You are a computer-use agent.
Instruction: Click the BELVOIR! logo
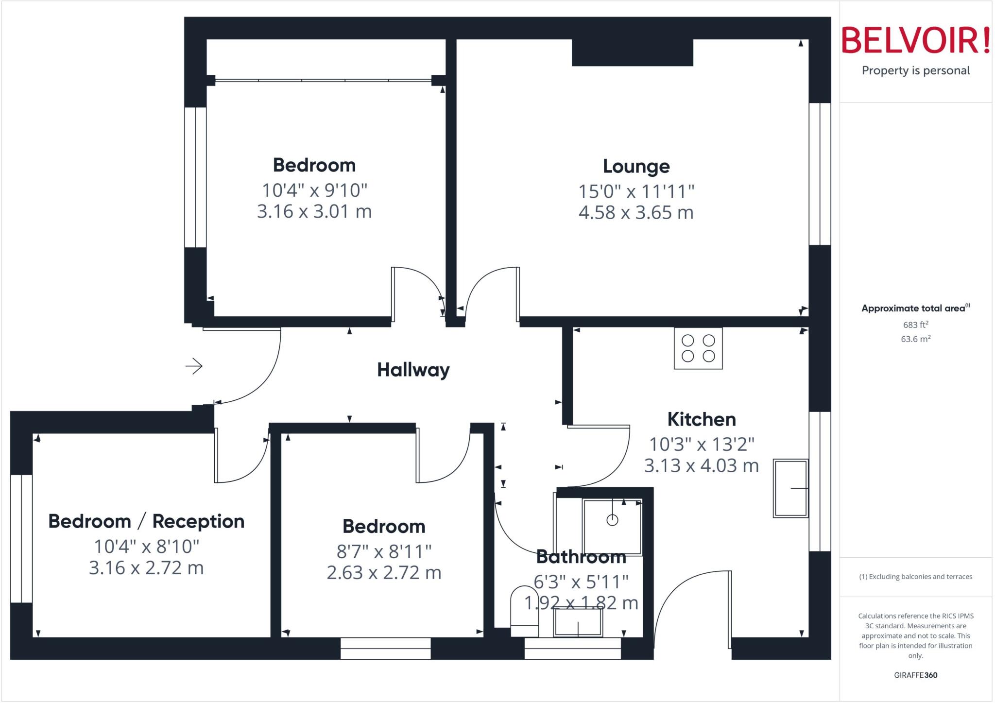click(915, 41)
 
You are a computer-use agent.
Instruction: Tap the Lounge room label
click(636, 167)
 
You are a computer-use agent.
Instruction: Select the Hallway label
click(413, 370)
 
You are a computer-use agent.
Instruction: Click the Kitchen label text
click(701, 419)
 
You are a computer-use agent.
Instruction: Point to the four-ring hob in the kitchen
click(698, 348)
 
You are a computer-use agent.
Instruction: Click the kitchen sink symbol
click(790, 488)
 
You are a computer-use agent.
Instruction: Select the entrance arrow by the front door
click(194, 366)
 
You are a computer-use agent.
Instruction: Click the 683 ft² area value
click(915, 325)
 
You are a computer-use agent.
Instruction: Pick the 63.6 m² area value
click(915, 339)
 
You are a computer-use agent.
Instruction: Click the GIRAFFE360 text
click(915, 675)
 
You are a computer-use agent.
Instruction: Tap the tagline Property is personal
click(915, 71)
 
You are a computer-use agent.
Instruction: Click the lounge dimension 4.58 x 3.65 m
click(636, 213)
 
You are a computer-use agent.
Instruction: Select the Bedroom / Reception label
click(146, 522)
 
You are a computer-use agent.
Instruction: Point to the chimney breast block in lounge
click(632, 52)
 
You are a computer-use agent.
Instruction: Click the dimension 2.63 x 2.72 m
click(384, 573)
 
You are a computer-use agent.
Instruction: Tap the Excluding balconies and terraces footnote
click(915, 577)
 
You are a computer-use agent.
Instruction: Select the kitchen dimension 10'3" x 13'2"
click(701, 445)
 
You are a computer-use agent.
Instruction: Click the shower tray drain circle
click(612, 520)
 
